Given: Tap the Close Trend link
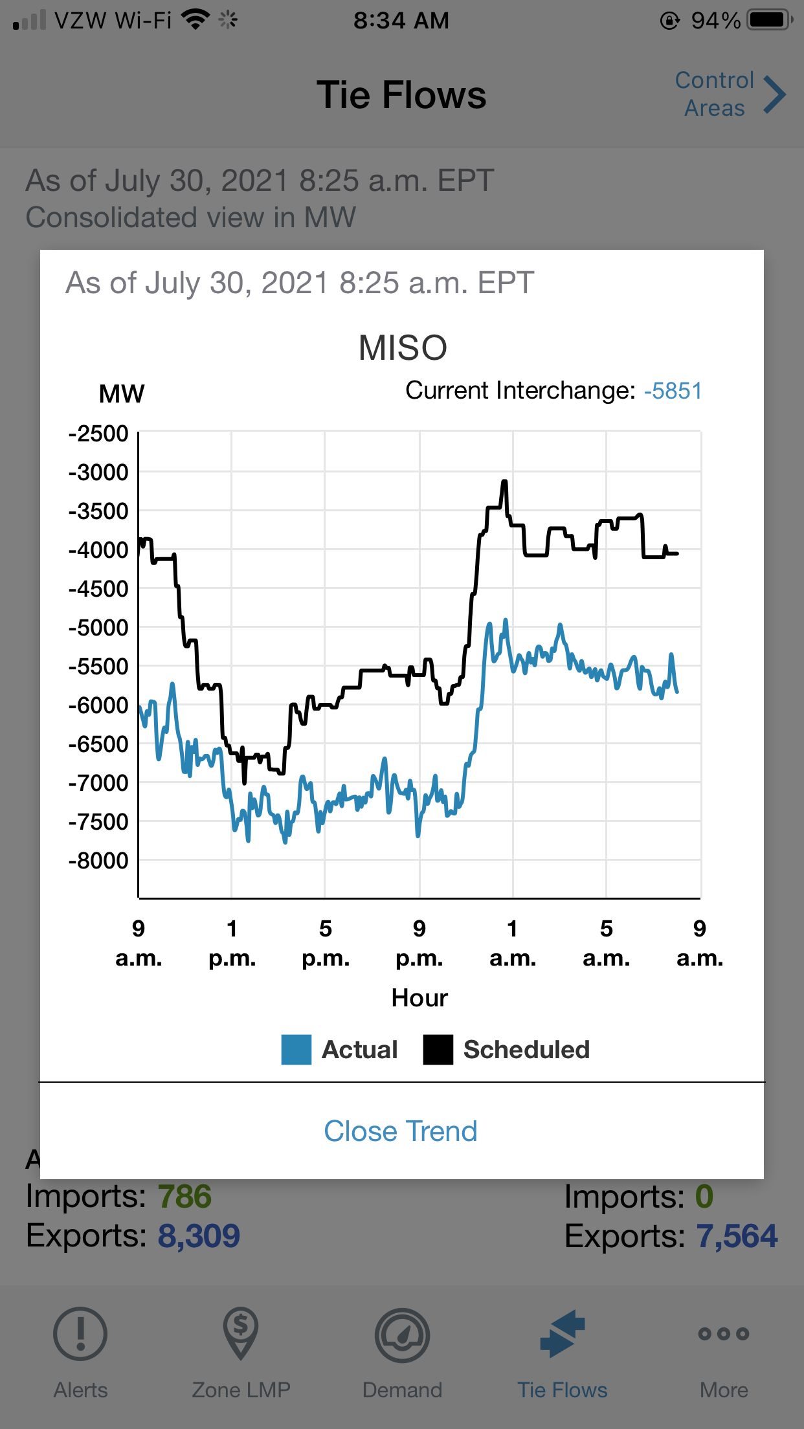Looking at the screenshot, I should [401, 1131].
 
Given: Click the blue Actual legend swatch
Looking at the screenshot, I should [296, 1049].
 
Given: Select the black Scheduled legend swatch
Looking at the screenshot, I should [438, 1049].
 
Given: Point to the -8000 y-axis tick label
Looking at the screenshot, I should [99, 861].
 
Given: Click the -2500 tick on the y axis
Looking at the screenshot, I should [99, 434].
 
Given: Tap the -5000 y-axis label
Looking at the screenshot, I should [99, 628].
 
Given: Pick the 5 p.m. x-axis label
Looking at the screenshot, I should [326, 943].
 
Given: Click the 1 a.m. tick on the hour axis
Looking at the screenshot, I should [513, 943].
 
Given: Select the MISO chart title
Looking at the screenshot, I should [403, 348].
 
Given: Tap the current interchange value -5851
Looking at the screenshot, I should [673, 391].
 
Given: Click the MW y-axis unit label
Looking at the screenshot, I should [122, 393].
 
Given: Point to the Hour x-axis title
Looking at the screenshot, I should [419, 998].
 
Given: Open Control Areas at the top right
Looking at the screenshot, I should [730, 94].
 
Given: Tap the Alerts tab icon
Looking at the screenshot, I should [80, 1334].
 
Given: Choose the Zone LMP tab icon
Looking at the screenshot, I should [241, 1334].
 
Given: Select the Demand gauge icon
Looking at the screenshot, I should [402, 1335].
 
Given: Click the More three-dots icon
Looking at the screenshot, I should [724, 1334].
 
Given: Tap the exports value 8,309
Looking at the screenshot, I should [199, 1236].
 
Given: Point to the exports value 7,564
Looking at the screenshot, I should [737, 1236].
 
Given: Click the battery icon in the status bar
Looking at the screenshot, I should [768, 20].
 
